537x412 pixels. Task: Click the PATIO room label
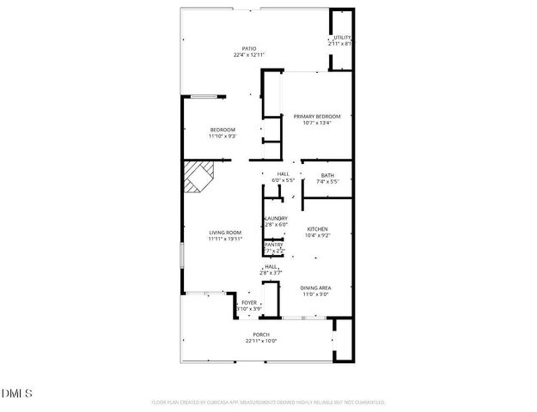point(248,48)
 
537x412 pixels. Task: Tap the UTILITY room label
point(342,38)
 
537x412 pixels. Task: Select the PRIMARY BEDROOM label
point(317,116)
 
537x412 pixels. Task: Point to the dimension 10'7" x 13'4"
point(317,123)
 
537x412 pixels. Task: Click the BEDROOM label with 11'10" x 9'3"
point(223,130)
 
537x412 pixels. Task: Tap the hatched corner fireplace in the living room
point(201,178)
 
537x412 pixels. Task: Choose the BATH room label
point(327,175)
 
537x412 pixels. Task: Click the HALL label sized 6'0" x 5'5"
point(283,174)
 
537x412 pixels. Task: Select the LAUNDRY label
point(275,219)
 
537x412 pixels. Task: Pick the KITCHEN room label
point(318,228)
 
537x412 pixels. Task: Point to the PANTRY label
point(274,245)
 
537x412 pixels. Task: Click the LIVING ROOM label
point(225,233)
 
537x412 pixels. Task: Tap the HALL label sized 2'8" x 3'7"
point(272,266)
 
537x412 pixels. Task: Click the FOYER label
point(249,303)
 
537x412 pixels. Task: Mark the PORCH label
point(261,335)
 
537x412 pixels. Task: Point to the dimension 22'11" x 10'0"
point(261,342)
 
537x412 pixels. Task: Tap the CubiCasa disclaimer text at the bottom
point(268,402)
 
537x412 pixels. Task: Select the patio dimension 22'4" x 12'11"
point(248,55)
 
